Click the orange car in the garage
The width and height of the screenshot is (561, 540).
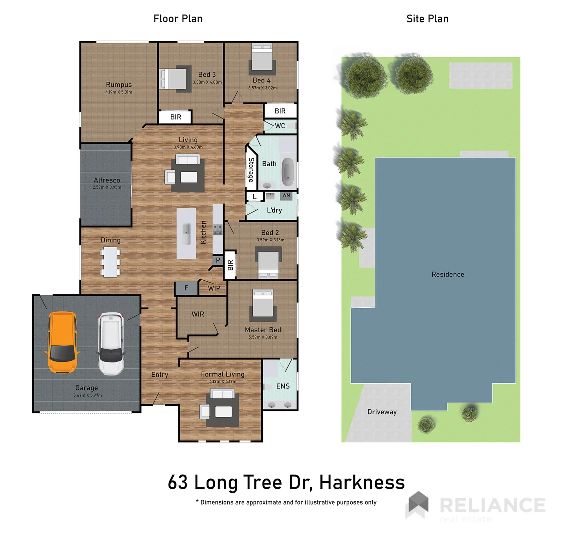[x=62, y=343]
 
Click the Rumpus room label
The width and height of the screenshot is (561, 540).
[x=119, y=85]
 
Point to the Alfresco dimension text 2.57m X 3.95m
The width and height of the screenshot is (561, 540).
[x=107, y=187]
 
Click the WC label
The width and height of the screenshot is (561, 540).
[x=280, y=126]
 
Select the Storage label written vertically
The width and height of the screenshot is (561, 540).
[x=251, y=170]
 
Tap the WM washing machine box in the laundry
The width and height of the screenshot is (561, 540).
[x=286, y=195]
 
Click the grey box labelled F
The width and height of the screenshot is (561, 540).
[x=186, y=288]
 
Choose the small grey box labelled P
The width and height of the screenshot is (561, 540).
[x=218, y=260]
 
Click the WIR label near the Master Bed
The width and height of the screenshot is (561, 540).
[x=198, y=314]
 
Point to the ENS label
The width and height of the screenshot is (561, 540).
[x=283, y=386]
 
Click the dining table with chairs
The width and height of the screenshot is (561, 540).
[x=111, y=261]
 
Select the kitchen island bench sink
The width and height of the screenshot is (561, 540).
[x=186, y=229]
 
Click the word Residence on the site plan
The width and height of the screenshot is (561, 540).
[x=448, y=274]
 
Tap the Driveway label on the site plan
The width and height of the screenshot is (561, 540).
[x=382, y=412]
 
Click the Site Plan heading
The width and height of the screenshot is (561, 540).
[x=427, y=19]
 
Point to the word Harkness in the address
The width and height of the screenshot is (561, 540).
[x=362, y=483]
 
